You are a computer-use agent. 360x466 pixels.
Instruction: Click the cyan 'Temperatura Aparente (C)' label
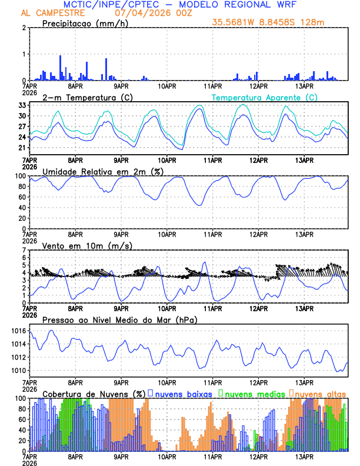tap(264, 97)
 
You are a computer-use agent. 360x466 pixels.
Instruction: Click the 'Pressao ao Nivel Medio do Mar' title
tap(120, 319)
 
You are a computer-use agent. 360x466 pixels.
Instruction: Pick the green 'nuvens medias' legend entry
tap(254, 394)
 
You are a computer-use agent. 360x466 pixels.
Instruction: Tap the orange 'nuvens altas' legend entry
tap(319, 394)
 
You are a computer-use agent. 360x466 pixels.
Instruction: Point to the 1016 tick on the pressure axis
tap(19, 331)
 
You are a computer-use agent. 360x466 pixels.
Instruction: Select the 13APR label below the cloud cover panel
tap(304, 457)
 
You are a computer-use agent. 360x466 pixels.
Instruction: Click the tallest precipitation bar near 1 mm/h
tap(60, 68)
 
